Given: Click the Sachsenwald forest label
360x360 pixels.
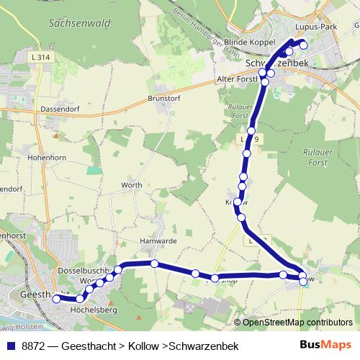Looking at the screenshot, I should pos(80,24).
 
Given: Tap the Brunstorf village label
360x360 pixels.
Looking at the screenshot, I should pos(163,98).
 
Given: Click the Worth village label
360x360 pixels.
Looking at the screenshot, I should pos(132,185).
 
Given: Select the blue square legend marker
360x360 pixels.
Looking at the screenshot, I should pos(10,346).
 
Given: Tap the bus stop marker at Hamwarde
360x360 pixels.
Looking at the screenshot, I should pos(155,264).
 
